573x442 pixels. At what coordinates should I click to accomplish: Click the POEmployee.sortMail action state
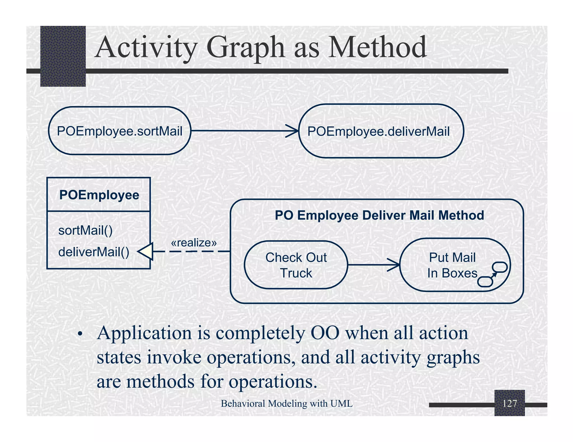coord(119,131)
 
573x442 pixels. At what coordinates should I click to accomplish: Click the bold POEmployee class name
coord(99,195)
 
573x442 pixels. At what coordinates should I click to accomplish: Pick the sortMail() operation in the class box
coord(85,230)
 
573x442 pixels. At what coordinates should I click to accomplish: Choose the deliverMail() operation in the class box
coord(94,252)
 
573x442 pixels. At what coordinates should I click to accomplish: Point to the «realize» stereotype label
coord(194,243)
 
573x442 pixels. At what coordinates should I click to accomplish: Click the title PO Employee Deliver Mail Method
coord(379,215)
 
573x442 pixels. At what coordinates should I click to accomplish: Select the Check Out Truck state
coord(296,265)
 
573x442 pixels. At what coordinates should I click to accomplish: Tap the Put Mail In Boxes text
coord(452,265)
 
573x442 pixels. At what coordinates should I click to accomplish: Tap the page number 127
coord(509,403)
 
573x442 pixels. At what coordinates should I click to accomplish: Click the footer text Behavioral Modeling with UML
coord(286,403)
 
